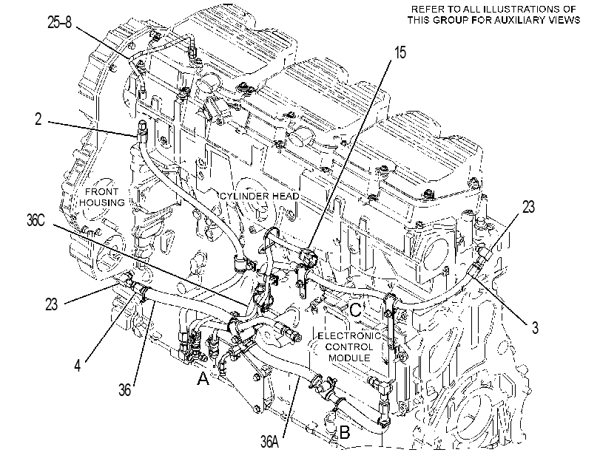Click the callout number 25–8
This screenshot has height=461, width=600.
tap(60, 22)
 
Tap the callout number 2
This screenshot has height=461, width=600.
tap(38, 119)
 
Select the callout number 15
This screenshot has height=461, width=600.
tap(400, 52)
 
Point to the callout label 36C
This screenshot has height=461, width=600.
tap(36, 221)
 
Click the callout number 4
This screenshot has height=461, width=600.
tap(78, 366)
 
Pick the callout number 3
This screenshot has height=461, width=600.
tap(535, 327)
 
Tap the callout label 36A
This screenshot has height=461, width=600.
tap(270, 442)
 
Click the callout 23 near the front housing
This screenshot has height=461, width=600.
tap(51, 304)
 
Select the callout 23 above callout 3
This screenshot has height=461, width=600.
tap(528, 207)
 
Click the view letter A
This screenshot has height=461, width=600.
tap(203, 379)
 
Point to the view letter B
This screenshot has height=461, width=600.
tap(344, 432)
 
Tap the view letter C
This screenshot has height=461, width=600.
tap(355, 310)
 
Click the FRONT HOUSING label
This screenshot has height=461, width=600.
tap(102, 197)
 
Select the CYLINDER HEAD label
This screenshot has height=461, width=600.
tap(260, 196)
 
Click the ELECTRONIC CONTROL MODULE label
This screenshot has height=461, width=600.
tap(349, 346)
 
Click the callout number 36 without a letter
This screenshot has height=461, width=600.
tap(125, 390)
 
